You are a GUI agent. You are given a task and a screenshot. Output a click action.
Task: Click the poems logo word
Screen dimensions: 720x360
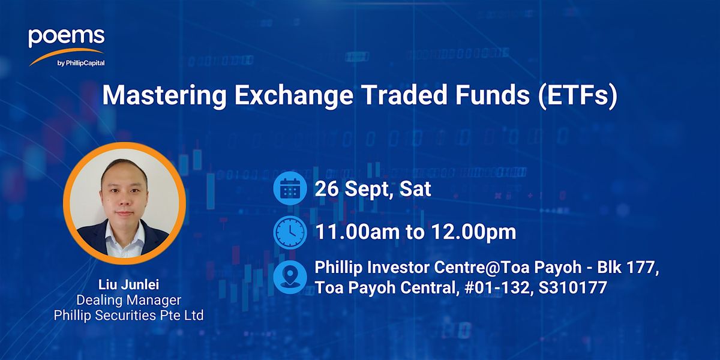tap(67, 37)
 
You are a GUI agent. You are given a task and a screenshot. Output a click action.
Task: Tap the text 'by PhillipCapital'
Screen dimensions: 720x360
tap(81, 63)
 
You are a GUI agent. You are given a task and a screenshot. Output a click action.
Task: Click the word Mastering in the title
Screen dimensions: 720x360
tap(164, 95)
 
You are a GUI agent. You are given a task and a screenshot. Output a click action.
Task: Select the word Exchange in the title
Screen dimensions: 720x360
tap(294, 95)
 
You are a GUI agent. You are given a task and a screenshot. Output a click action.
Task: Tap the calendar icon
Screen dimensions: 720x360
tap(290, 188)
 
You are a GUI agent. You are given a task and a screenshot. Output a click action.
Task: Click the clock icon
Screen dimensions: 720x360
tap(290, 232)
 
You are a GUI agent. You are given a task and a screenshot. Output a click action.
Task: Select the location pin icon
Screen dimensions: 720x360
tap(290, 277)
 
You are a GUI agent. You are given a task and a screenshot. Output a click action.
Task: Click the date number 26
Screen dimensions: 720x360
tap(326, 188)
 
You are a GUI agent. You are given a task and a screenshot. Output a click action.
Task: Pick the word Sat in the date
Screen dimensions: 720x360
tap(415, 188)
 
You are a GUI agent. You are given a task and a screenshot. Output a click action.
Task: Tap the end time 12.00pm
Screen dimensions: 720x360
tap(473, 232)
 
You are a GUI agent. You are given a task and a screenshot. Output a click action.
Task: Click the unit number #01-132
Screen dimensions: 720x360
tap(497, 287)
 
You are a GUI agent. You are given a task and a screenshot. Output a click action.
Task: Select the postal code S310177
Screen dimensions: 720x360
tap(573, 287)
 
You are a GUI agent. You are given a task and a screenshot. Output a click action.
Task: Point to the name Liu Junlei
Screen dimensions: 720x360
tap(128, 285)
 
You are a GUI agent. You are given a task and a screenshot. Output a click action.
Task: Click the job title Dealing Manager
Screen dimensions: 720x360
tap(128, 300)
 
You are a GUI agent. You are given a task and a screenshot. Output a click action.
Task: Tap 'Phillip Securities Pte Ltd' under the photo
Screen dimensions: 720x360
tap(128, 316)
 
